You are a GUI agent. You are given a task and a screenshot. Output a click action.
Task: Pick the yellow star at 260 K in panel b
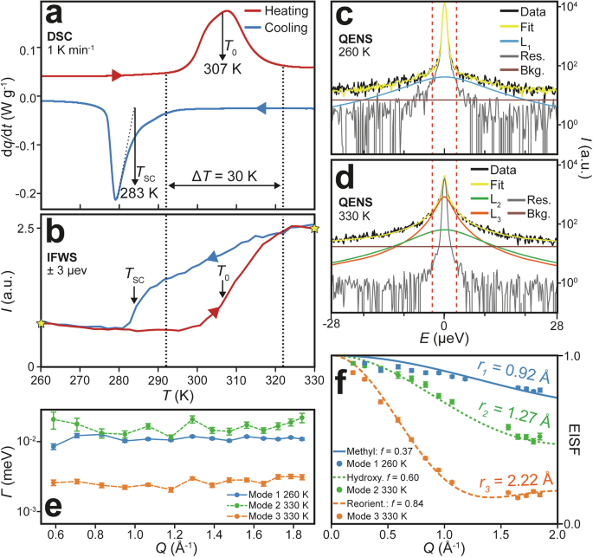[41, 323]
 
